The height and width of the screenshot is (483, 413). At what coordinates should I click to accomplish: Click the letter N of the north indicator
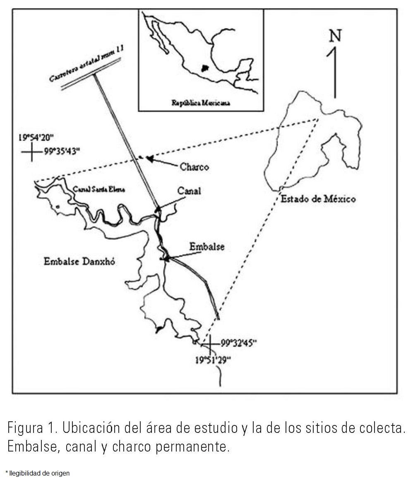click(x=335, y=36)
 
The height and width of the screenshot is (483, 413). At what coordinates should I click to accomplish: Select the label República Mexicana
click(x=201, y=103)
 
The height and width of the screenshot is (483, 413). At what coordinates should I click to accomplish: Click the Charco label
click(x=194, y=167)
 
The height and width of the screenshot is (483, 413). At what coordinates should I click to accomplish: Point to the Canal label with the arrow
click(x=189, y=191)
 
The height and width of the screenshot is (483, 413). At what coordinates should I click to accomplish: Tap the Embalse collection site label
click(x=207, y=246)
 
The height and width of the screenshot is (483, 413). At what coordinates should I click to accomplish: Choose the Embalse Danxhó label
click(x=80, y=261)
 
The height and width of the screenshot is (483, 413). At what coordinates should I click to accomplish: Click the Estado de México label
click(x=318, y=199)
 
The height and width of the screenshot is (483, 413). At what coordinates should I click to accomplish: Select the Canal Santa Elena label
click(x=99, y=190)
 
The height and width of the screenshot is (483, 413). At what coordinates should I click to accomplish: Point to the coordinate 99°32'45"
click(x=238, y=343)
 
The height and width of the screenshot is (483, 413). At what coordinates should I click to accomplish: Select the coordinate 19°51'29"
click(x=212, y=360)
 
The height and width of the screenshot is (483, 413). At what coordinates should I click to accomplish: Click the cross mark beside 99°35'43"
click(x=31, y=152)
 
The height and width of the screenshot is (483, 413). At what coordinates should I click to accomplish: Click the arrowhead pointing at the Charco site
click(x=150, y=159)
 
